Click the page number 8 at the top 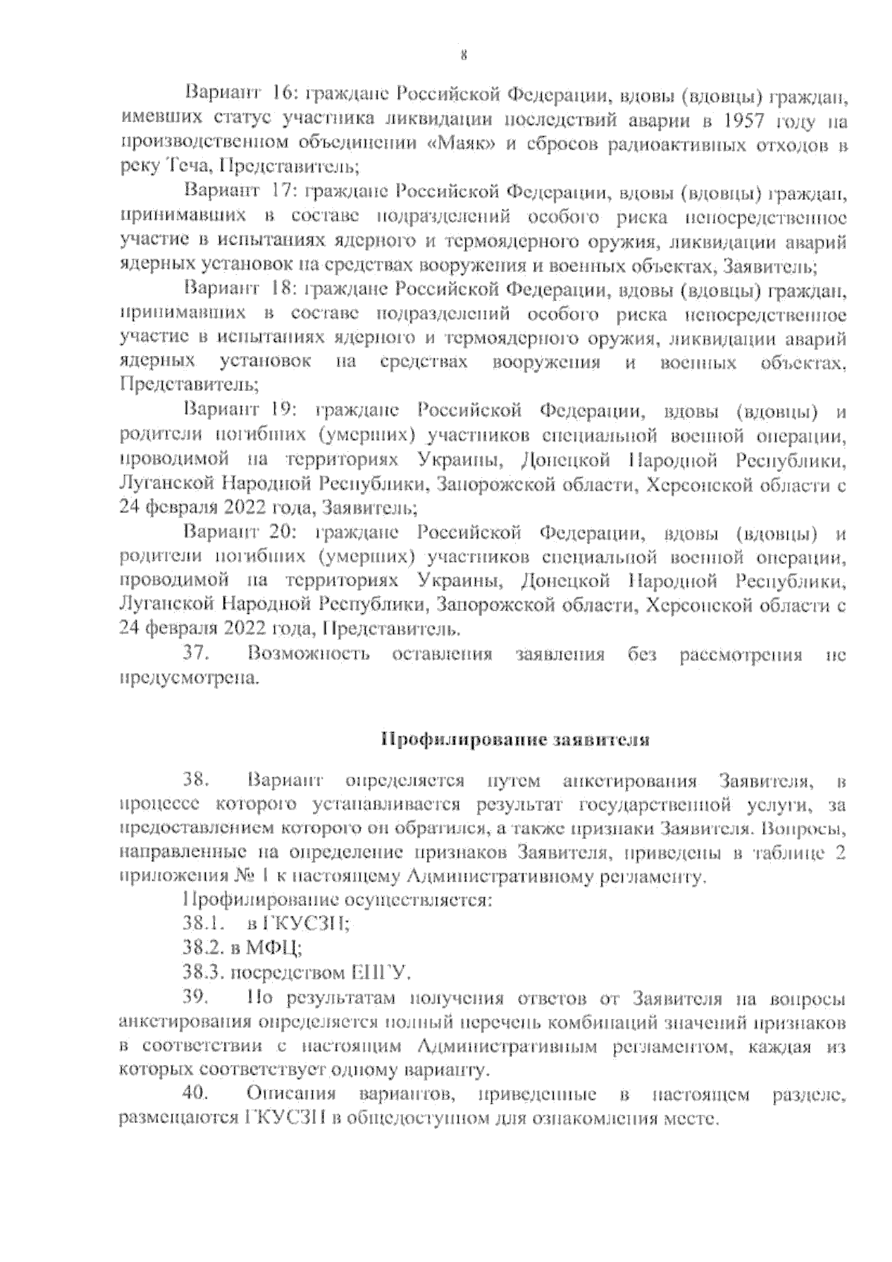(462, 54)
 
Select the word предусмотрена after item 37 (190, 679)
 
